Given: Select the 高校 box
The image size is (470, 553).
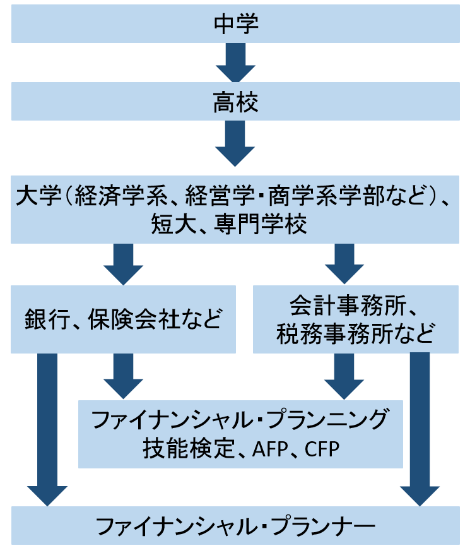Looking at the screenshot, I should tap(235, 103).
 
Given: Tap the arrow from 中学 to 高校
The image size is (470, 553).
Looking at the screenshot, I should tap(235, 63).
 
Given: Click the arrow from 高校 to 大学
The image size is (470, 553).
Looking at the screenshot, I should tap(235, 142).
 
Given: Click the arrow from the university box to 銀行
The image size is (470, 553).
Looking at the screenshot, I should tap(124, 264).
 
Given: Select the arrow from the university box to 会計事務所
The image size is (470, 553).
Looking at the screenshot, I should tap(344, 264).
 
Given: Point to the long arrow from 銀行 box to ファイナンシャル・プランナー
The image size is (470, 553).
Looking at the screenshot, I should tap(47, 429).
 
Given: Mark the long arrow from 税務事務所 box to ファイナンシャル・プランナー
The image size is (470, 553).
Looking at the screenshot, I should tap(420, 429).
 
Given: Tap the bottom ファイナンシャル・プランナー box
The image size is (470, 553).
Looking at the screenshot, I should tap(235, 526).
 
